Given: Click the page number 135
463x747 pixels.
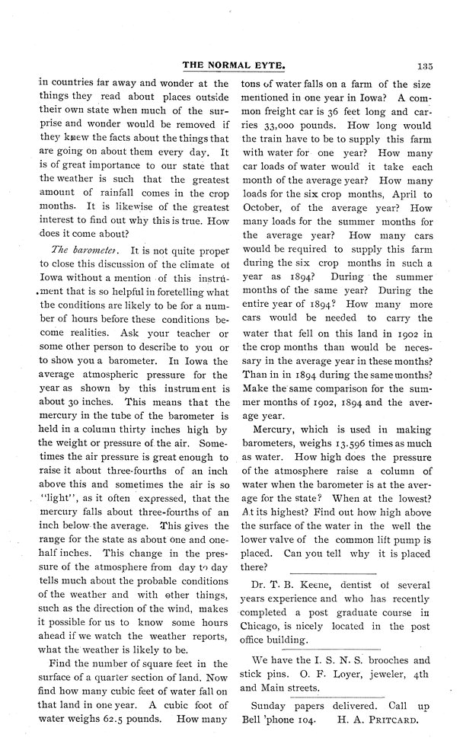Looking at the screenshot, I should point(424,67).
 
